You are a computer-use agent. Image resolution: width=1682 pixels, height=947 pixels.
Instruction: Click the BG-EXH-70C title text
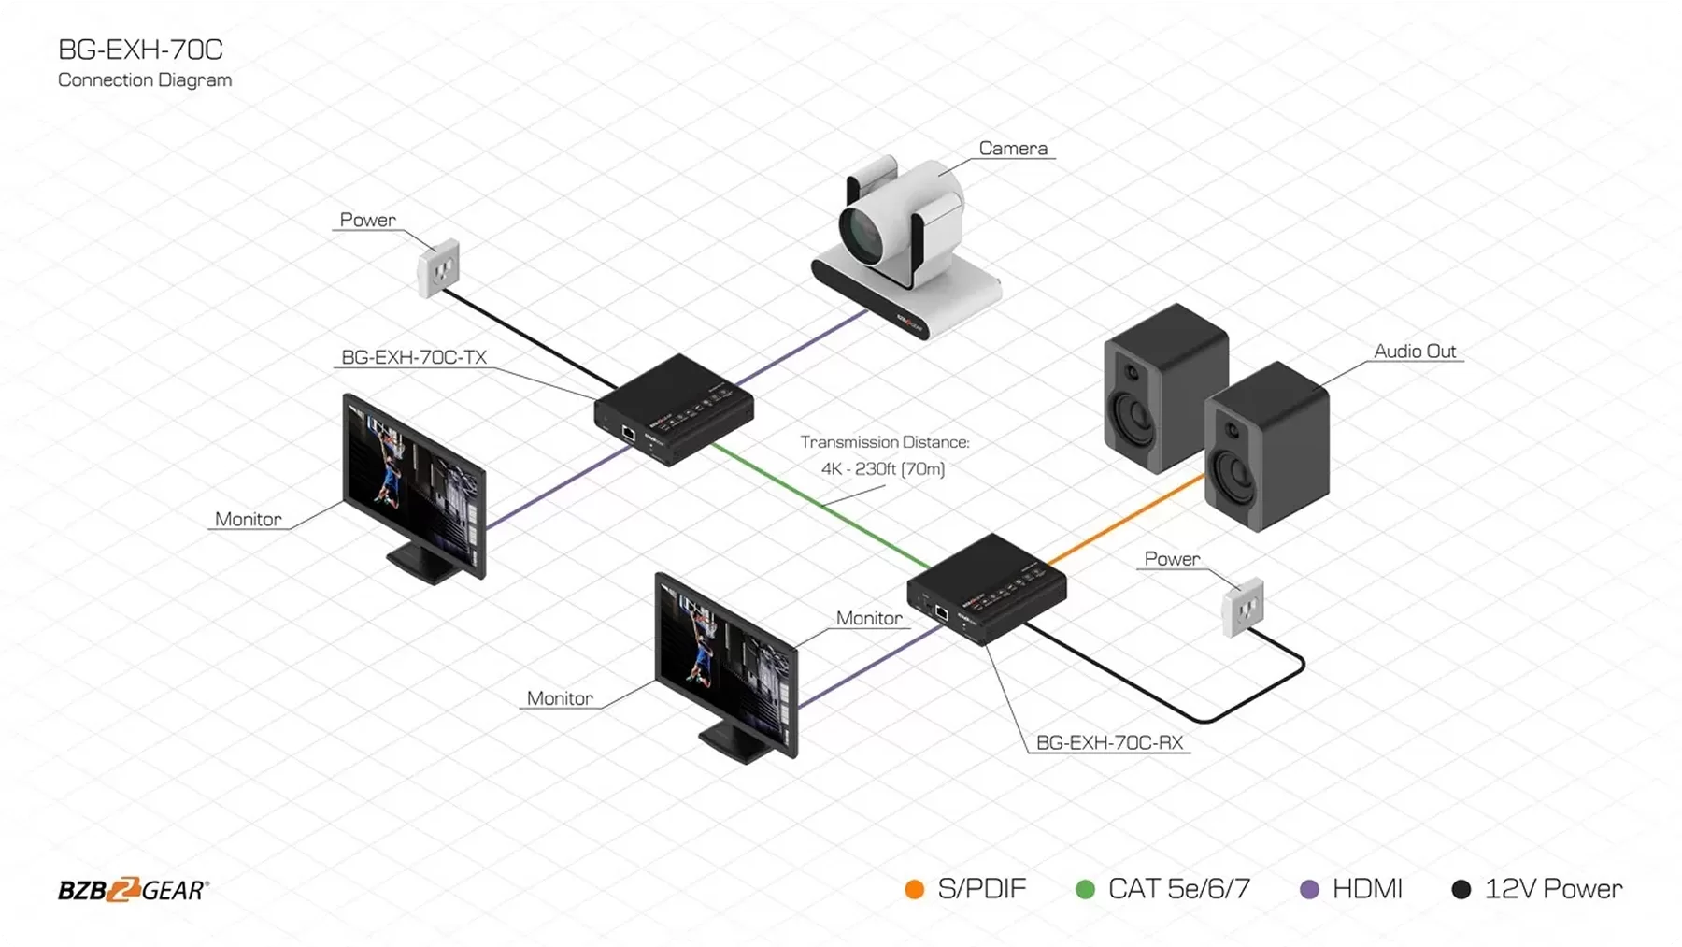point(140,50)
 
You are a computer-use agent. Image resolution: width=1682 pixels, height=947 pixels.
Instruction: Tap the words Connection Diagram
point(145,80)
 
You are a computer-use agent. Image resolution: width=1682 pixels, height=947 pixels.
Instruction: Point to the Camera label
point(1013,149)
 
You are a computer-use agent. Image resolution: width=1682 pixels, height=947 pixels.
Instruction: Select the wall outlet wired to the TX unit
point(438,268)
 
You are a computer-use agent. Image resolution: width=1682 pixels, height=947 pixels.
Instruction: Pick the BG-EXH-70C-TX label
point(414,357)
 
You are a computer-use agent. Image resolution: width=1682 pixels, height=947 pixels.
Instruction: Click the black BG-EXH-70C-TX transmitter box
point(674,409)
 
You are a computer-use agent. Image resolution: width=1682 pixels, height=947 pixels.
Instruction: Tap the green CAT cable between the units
point(822,505)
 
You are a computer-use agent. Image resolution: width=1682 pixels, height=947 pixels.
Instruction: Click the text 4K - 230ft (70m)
point(883,469)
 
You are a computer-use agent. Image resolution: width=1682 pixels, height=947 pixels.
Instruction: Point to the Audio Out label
point(1415,352)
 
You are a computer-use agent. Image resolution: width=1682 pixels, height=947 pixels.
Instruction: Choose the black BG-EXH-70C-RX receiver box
point(987,589)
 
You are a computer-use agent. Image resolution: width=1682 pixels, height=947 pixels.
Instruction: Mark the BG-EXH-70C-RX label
point(1109,743)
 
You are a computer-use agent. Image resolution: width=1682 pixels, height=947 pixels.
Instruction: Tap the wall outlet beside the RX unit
point(1244,608)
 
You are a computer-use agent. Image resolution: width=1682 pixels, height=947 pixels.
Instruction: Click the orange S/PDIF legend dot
point(915,890)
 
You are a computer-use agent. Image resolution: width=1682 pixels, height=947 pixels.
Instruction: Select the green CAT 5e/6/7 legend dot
point(1085,890)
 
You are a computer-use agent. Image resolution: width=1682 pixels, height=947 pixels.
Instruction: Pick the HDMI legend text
point(1367,889)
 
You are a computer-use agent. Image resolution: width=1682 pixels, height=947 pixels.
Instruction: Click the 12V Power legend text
point(1553,889)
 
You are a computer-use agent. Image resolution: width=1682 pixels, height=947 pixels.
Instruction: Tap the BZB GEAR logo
point(134,890)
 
